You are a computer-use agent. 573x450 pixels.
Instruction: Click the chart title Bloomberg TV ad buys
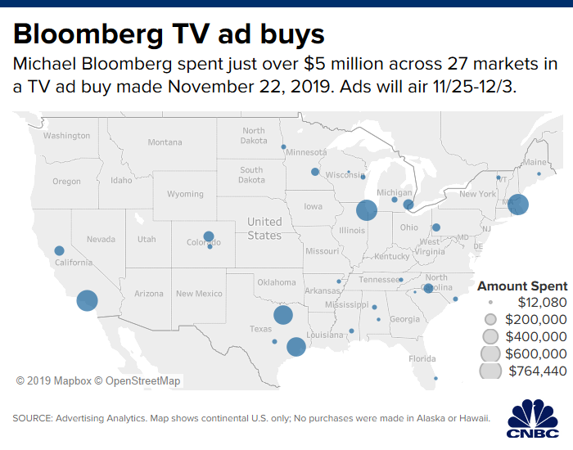(169, 34)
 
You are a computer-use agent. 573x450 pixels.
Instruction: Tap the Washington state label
(67, 135)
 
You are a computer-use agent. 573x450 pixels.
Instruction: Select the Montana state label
(165, 142)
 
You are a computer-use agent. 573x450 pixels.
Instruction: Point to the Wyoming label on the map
(185, 194)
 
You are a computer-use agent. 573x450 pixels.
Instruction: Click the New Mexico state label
(199, 294)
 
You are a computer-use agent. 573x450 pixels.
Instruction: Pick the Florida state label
(422, 358)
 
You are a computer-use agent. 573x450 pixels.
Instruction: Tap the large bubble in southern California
(87, 301)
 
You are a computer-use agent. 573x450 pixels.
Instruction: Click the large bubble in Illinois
(366, 211)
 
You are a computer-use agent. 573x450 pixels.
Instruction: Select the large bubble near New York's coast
(517, 205)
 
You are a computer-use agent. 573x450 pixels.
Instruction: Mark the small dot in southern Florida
(435, 378)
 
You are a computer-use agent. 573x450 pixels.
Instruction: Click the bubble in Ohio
(436, 227)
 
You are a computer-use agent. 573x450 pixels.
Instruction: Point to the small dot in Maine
(539, 173)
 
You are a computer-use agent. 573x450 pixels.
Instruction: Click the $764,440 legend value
(536, 371)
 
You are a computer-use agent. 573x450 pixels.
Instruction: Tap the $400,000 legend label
(536, 336)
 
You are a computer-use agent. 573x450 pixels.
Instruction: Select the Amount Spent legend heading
(522, 286)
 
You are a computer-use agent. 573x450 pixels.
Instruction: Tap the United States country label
(264, 228)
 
